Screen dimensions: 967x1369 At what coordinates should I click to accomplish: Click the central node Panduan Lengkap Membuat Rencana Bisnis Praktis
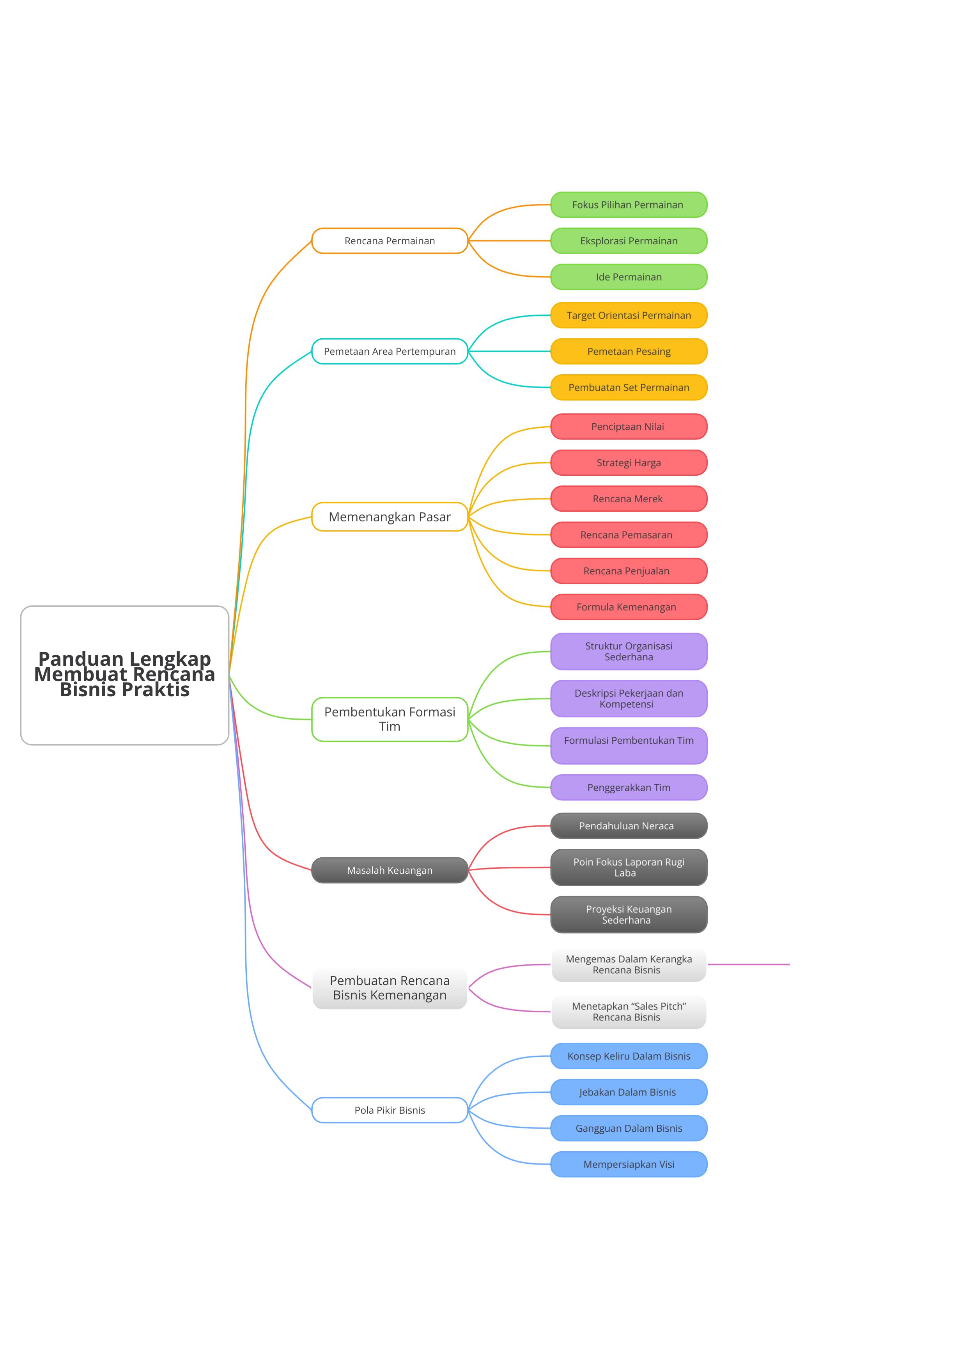(124, 675)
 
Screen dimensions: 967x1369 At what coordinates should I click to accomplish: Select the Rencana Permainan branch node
(390, 241)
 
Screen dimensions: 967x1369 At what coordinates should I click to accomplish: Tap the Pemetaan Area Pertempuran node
(390, 351)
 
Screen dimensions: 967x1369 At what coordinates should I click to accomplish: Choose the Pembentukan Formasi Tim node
(390, 719)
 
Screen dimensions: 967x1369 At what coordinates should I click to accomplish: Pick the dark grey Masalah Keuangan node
(390, 870)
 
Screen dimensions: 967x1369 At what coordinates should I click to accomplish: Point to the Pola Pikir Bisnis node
(390, 1110)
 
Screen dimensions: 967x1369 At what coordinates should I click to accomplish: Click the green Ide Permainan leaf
(629, 277)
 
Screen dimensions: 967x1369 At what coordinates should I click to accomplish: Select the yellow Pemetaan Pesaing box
(629, 351)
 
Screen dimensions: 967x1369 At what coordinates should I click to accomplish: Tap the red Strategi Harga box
(629, 463)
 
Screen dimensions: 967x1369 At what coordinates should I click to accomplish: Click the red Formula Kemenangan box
(629, 607)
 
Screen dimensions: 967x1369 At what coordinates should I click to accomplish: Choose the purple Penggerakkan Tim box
(629, 788)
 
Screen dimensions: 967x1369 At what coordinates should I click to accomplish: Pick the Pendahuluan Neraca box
(629, 826)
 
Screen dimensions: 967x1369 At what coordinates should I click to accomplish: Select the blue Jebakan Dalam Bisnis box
(629, 1092)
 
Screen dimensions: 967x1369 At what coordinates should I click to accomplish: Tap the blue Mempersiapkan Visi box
(629, 1165)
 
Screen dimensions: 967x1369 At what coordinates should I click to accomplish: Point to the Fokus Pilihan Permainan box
(629, 204)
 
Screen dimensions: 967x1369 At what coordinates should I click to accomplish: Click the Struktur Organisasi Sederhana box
(629, 651)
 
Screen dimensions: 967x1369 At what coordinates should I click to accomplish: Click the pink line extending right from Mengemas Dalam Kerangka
(748, 964)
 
